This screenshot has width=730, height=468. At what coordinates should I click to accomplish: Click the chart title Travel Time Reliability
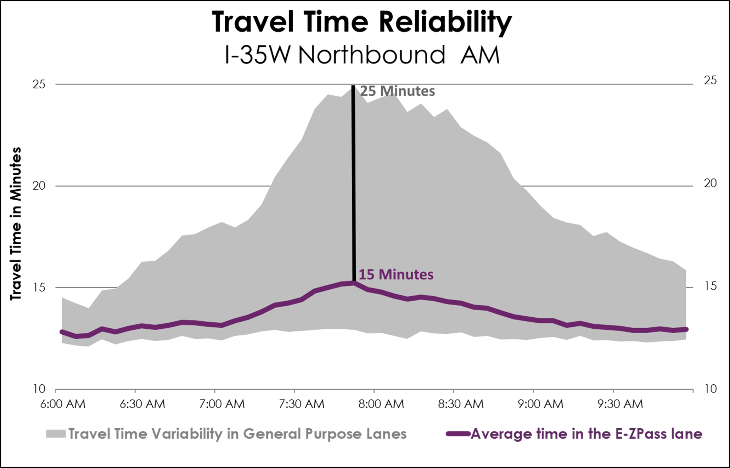pyautogui.click(x=362, y=22)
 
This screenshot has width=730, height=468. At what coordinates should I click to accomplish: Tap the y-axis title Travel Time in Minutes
pyautogui.click(x=16, y=224)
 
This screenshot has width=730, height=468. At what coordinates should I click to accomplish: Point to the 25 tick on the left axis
pyautogui.click(x=39, y=84)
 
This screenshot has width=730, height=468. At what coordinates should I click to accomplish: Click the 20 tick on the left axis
pyautogui.click(x=39, y=186)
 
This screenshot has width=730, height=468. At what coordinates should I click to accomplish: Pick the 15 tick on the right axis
pyautogui.click(x=710, y=286)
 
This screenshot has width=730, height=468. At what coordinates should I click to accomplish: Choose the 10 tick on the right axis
pyautogui.click(x=710, y=389)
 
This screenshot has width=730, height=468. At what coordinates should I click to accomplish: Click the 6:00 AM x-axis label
pyautogui.click(x=63, y=404)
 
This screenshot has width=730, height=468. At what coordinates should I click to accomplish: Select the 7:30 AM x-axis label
pyautogui.click(x=302, y=404)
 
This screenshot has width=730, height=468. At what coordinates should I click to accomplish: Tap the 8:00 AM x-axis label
pyautogui.click(x=381, y=404)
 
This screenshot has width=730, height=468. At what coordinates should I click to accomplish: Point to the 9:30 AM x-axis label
pyautogui.click(x=620, y=404)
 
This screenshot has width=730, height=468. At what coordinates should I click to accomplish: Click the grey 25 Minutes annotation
pyautogui.click(x=397, y=91)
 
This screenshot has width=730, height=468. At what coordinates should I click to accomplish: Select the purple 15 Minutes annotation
pyautogui.click(x=396, y=274)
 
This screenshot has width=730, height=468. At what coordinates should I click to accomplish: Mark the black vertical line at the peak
pyautogui.click(x=353, y=184)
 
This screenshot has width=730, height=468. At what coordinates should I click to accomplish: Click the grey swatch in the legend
pyautogui.click(x=56, y=434)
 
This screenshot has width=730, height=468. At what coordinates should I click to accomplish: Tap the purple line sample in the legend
pyautogui.click(x=458, y=434)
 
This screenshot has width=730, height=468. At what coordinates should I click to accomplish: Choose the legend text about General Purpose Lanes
pyautogui.click(x=237, y=434)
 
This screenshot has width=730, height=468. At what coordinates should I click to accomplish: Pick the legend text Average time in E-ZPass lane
pyautogui.click(x=586, y=434)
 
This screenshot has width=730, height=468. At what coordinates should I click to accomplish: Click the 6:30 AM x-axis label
pyautogui.click(x=142, y=404)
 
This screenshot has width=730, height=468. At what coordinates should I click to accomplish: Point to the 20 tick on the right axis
pyautogui.click(x=710, y=183)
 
